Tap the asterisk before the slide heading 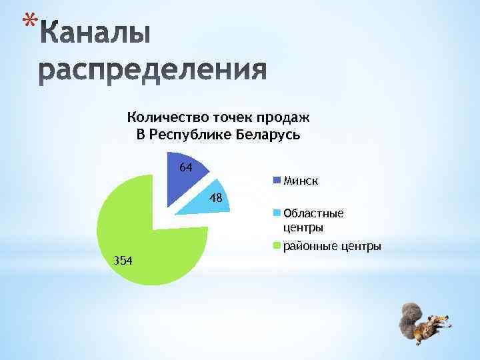click(x=26, y=24)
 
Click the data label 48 click(x=215, y=197)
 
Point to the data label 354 click(x=122, y=259)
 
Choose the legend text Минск click(x=301, y=180)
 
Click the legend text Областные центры click(x=313, y=220)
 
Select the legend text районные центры click(x=332, y=247)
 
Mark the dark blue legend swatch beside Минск click(x=277, y=180)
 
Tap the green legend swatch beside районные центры click(x=277, y=247)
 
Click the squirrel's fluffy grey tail click(x=408, y=319)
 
